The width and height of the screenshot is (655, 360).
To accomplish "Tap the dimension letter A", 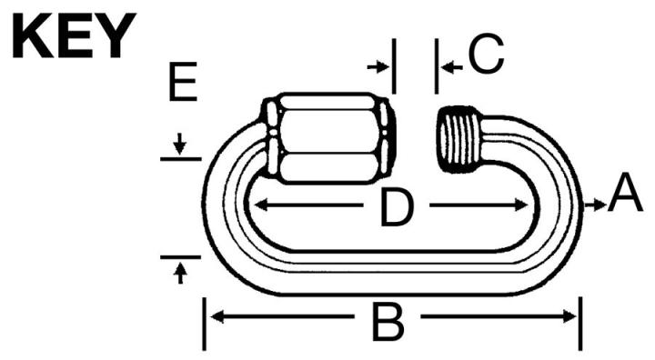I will click(x=626, y=195).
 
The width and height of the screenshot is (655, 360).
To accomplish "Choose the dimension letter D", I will click(x=396, y=208).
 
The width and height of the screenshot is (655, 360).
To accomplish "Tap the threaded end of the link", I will click(x=461, y=138).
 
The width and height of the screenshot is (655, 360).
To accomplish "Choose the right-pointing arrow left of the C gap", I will click(x=377, y=66).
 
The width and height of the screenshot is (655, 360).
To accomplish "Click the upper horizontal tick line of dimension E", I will click(x=180, y=158).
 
